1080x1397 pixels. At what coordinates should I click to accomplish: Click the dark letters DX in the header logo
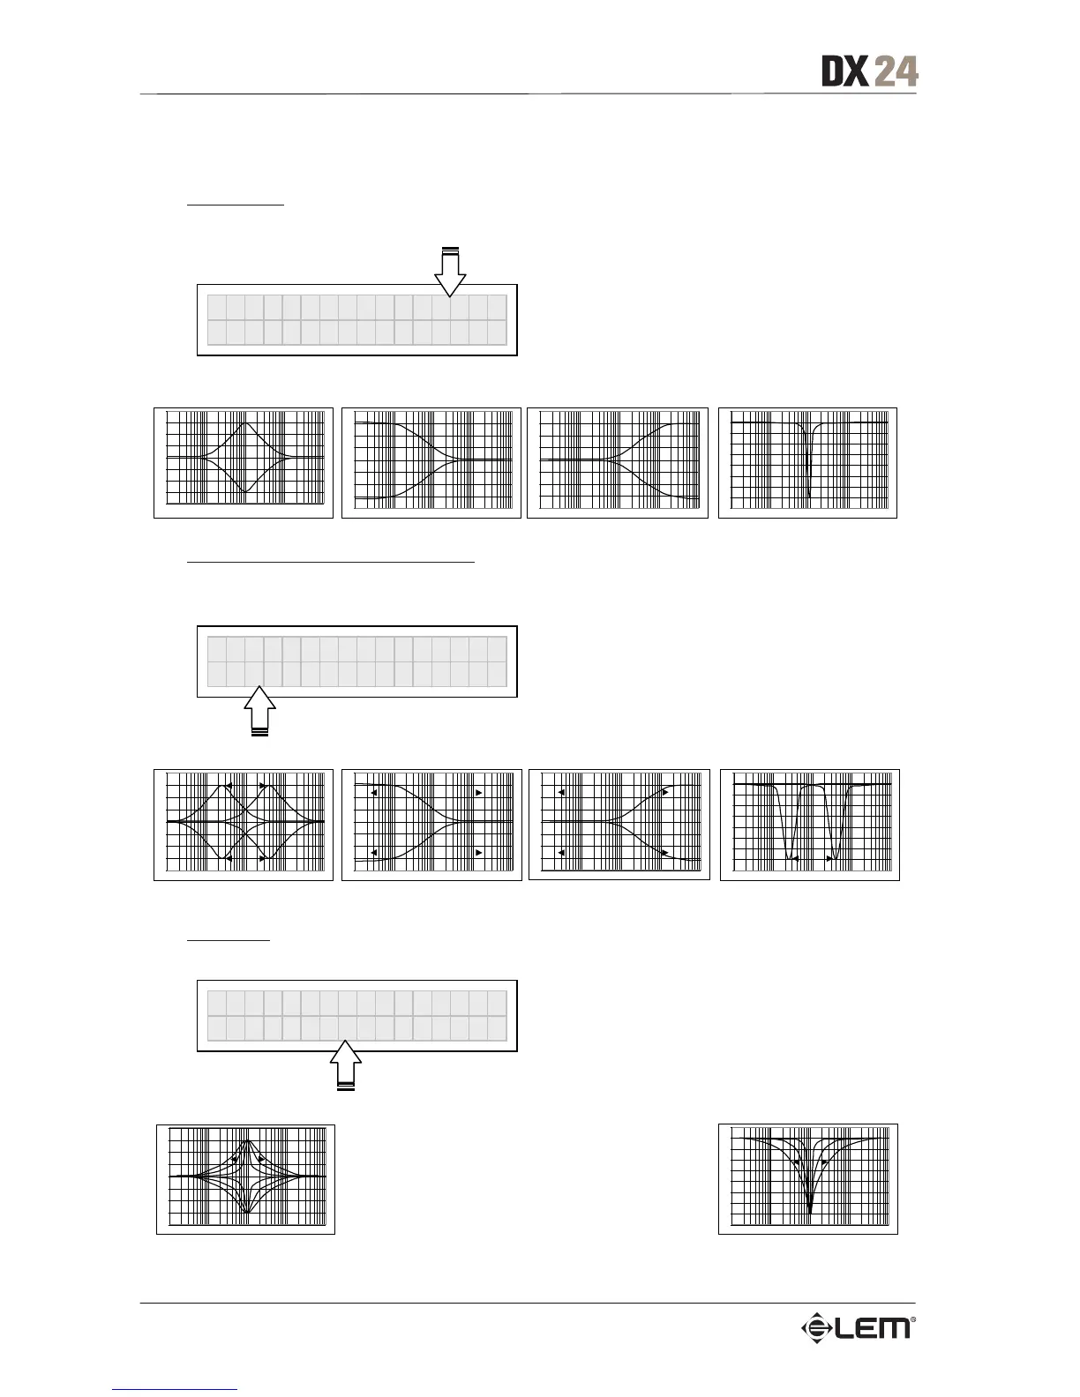point(845,71)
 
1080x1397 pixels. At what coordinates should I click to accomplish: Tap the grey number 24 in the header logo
point(896,71)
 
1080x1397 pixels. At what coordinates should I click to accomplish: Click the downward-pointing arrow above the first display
point(450,272)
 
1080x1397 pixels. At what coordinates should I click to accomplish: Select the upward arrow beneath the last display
point(347,1065)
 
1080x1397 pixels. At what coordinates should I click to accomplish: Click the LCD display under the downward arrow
point(356,319)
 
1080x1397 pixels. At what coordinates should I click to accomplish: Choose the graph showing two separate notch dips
point(810,825)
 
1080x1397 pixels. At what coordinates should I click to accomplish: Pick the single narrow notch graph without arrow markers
point(807,463)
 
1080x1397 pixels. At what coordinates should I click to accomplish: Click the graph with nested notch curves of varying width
point(808,1178)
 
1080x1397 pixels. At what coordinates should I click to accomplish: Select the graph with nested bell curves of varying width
point(246,1178)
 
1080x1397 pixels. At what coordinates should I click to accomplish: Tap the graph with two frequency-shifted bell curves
point(244,825)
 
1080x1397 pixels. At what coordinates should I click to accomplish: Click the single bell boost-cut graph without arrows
point(244,463)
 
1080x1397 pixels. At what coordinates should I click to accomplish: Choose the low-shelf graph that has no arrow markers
point(431,463)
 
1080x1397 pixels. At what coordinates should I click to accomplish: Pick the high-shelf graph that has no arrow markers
point(618,463)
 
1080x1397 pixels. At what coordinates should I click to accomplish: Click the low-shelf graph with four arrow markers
point(431,825)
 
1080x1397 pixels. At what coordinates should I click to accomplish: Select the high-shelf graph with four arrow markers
point(619,825)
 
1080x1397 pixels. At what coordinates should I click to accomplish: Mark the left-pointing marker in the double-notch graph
point(795,857)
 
